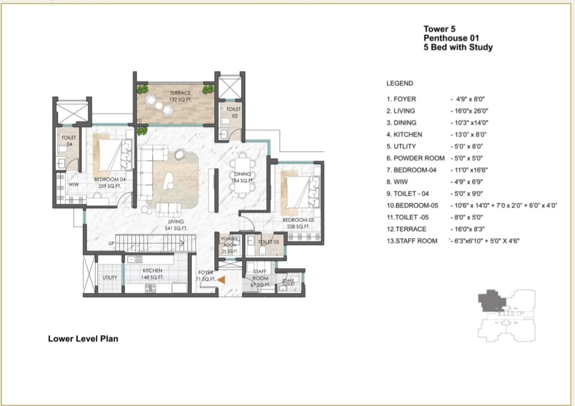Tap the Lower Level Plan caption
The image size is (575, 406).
click(x=83, y=339)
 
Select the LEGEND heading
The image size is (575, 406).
click(x=399, y=83)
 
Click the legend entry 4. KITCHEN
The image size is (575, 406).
click(x=404, y=135)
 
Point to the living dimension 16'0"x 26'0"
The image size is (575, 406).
click(x=469, y=111)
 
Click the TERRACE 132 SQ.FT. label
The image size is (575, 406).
click(x=180, y=97)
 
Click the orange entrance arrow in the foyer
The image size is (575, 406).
click(x=221, y=280)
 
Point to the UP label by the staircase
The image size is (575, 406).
click(x=111, y=243)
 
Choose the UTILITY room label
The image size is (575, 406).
click(x=109, y=277)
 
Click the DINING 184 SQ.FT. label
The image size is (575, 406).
click(x=242, y=178)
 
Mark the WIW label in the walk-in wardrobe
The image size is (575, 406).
click(x=73, y=185)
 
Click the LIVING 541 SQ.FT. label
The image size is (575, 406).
click(x=176, y=225)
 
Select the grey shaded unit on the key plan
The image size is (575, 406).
click(x=491, y=301)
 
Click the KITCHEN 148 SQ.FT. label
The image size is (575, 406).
click(x=152, y=274)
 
